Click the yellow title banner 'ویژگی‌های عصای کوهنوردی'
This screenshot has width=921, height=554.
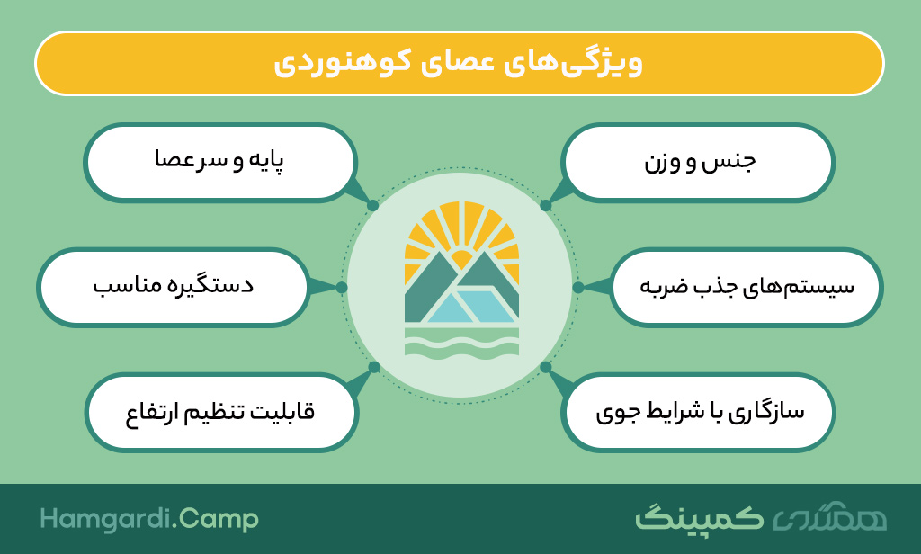pos(460,64)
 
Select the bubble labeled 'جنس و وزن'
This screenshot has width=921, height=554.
pos(698,162)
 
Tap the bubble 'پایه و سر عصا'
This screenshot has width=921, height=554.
pos(220,162)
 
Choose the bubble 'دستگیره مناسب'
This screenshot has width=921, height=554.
pos(173,287)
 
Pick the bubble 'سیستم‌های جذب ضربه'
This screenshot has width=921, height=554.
pos(746,287)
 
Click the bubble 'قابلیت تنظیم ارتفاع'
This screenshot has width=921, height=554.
pos(221,413)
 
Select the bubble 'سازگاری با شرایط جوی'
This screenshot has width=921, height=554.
pos(698,413)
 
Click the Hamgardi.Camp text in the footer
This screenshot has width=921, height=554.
pos(149,520)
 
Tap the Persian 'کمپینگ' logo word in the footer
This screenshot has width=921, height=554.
pos(699,518)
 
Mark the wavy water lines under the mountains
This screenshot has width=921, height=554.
pos(461,342)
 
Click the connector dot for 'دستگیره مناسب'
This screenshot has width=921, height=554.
pos(342,287)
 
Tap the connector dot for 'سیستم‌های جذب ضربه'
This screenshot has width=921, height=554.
pos(578,287)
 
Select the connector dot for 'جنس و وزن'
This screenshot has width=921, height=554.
pos(546,206)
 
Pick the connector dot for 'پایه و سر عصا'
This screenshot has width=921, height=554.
pos(372,206)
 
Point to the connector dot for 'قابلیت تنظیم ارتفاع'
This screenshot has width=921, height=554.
pos(373,368)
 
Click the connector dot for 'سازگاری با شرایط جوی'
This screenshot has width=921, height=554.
pos(546,368)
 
